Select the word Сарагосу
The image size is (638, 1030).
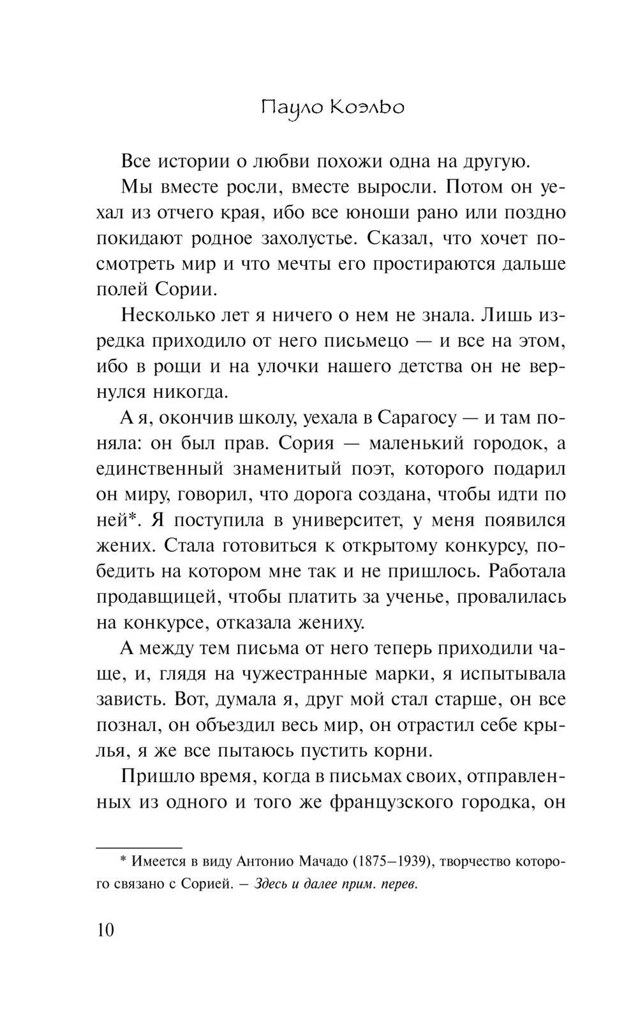[x=417, y=417]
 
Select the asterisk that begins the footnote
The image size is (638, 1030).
[x=124, y=861]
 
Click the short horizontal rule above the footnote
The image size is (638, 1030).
[x=138, y=848]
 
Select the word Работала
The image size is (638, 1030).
[x=527, y=571]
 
